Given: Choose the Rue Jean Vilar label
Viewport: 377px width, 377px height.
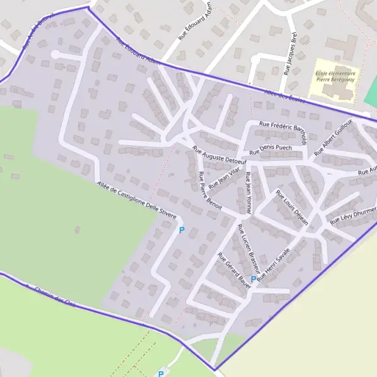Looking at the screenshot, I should (x=224, y=177).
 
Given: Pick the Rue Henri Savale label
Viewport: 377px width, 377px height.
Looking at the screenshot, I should (x=274, y=266).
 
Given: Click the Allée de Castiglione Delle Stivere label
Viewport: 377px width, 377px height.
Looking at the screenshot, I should (x=136, y=199).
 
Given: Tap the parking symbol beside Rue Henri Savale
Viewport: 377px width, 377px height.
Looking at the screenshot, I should (x=253, y=279).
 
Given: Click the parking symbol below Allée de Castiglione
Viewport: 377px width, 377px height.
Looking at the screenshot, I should (x=182, y=231).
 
